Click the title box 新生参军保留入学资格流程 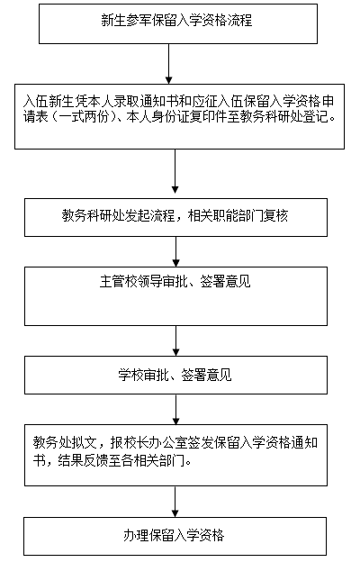click(x=178, y=24)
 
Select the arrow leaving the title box click(x=168, y=64)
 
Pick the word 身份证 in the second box click(x=170, y=117)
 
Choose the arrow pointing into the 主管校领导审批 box click(x=175, y=251)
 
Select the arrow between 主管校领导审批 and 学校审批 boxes click(x=175, y=340)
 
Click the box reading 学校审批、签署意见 click(x=175, y=375)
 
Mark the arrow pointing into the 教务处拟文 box click(x=175, y=410)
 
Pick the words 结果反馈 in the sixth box click(x=84, y=460)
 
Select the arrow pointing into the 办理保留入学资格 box click(x=175, y=502)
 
